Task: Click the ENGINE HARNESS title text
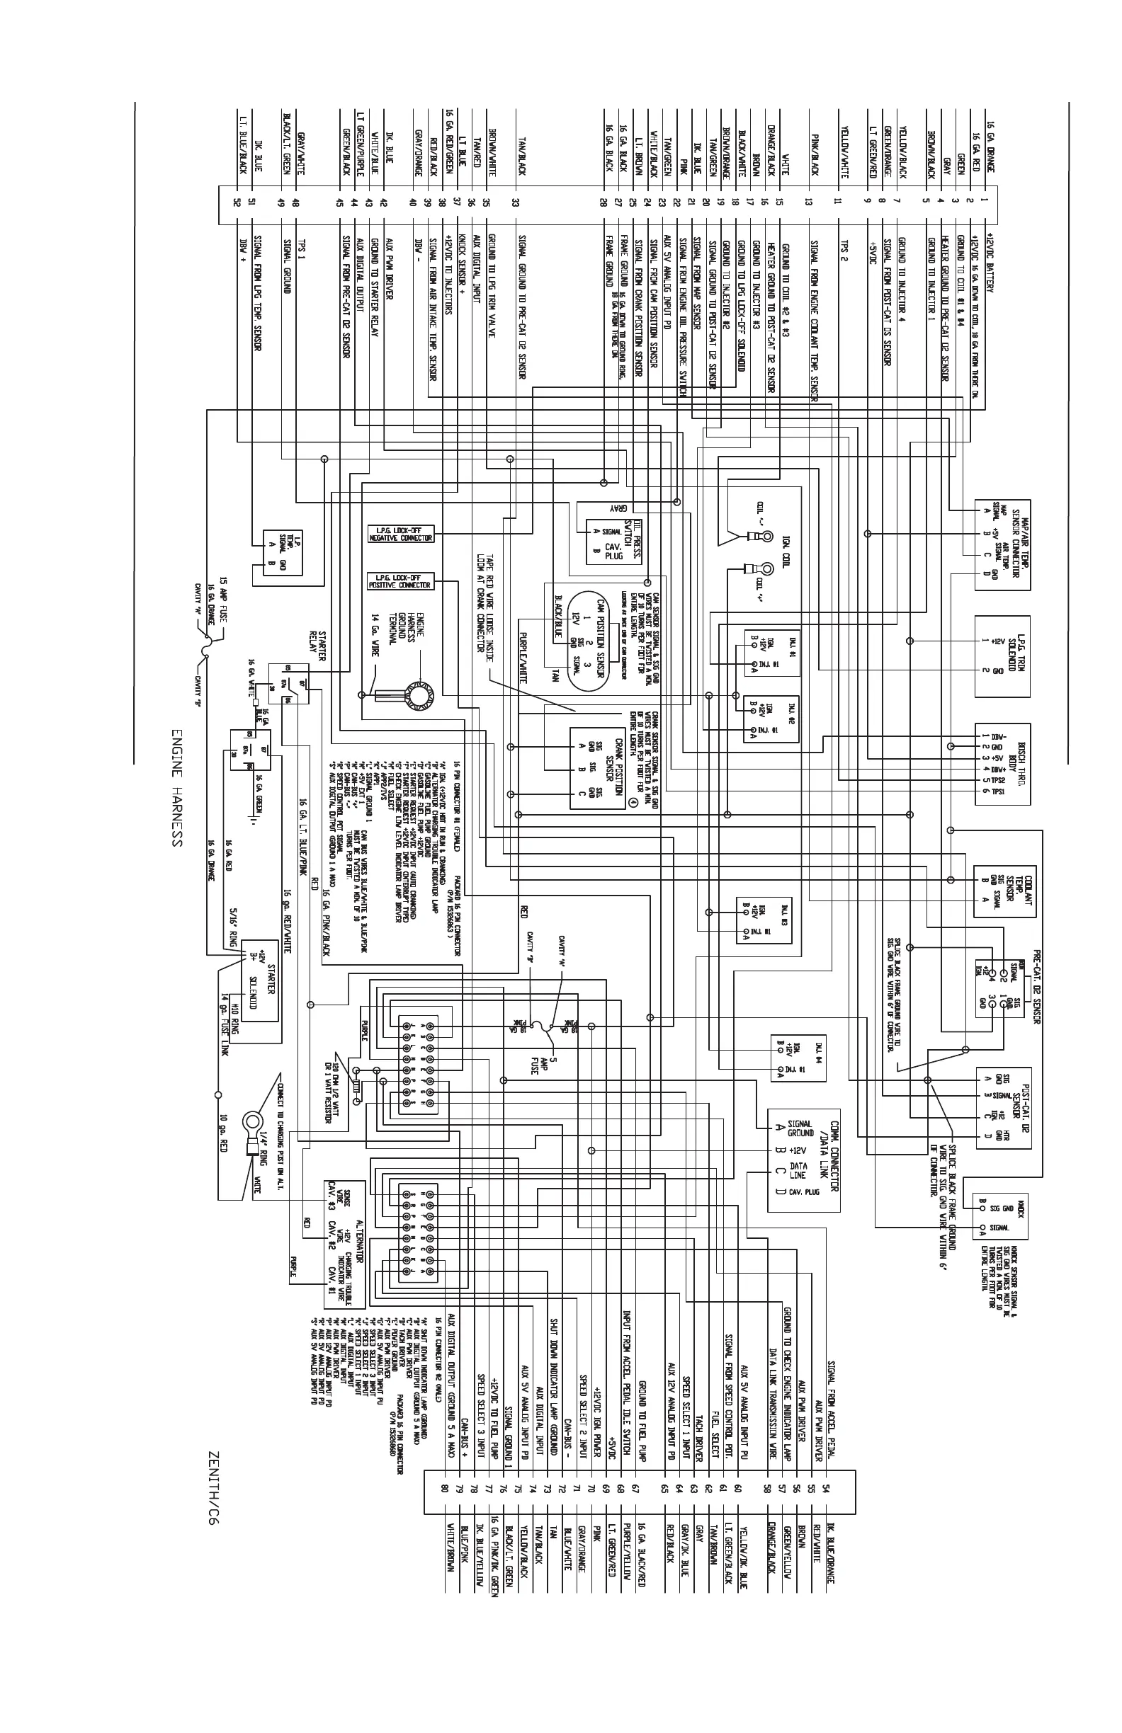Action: pos(176,788)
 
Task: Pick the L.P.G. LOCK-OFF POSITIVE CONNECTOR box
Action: pos(399,580)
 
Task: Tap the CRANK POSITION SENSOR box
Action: pos(596,768)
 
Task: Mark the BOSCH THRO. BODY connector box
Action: pos(1002,763)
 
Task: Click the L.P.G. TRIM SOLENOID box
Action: pos(1002,656)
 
